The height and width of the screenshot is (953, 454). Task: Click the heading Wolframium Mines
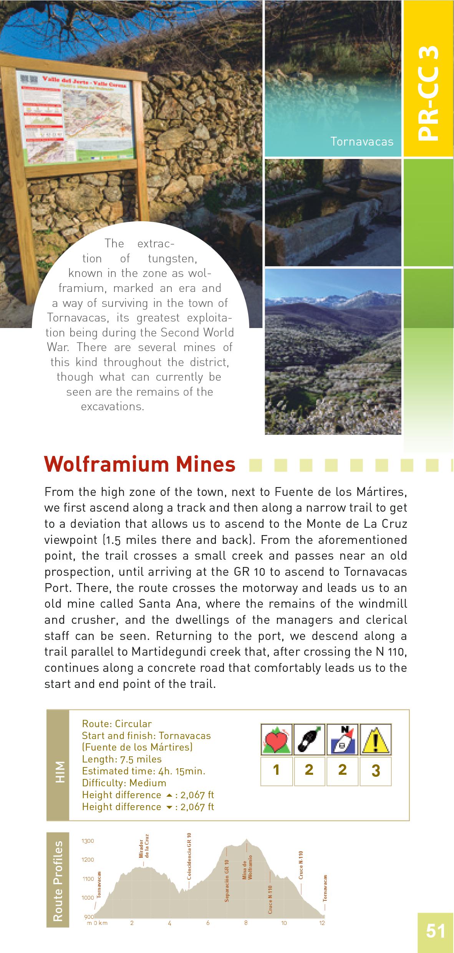[x=139, y=464]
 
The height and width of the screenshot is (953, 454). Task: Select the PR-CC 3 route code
[x=428, y=92]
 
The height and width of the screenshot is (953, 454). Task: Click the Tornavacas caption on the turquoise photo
[x=362, y=142]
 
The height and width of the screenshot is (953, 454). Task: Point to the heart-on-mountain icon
[x=277, y=740]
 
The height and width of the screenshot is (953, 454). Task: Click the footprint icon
[x=310, y=740]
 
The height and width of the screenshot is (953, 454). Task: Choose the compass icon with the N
[x=342, y=740]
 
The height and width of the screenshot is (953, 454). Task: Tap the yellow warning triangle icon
[x=375, y=740]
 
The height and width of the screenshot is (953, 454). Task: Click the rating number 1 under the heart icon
[x=276, y=770]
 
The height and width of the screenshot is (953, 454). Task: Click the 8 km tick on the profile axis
[x=246, y=923]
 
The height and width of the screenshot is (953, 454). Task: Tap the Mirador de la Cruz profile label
[x=144, y=846]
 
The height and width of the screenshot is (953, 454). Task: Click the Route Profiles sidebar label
[x=58, y=881]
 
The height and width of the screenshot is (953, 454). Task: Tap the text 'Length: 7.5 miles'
[x=122, y=759]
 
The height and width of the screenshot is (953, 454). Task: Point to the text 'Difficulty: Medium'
[x=124, y=783]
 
